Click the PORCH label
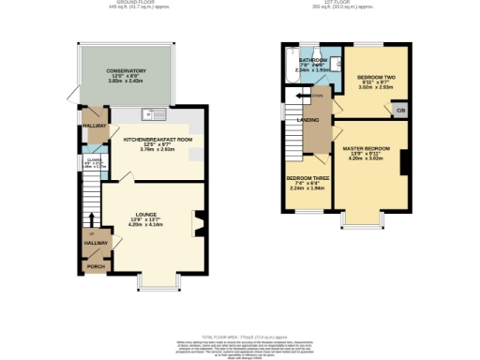click(96, 266)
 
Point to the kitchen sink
click(150, 115)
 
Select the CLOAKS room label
click(91, 160)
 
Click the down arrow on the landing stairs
click(301, 96)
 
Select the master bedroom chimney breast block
click(404, 161)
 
